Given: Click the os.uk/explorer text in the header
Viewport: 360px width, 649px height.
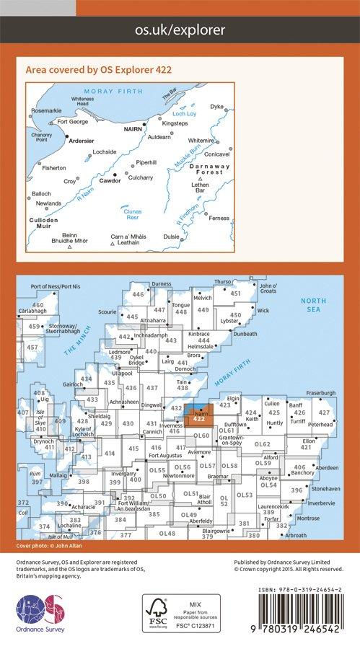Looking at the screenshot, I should (x=180, y=30).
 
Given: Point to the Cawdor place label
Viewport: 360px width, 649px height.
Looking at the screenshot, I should (x=110, y=181).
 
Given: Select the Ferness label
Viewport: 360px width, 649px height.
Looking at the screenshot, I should (x=219, y=218).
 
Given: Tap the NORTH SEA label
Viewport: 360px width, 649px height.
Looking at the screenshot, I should (x=314, y=305).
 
